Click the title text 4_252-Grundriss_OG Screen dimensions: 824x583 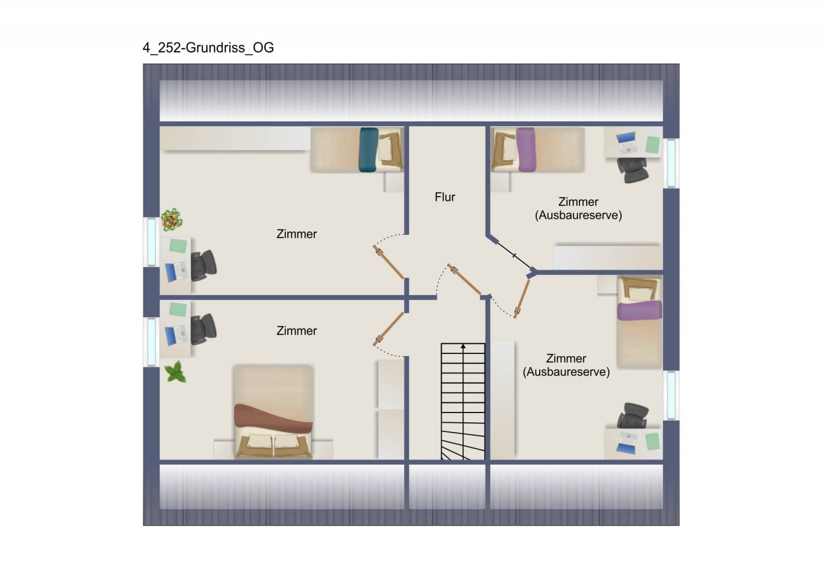(x=208, y=48)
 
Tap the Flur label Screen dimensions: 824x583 (x=445, y=197)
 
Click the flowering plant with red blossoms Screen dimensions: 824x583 (x=171, y=219)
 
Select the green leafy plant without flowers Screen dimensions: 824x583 (x=176, y=371)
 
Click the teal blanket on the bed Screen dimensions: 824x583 (x=369, y=150)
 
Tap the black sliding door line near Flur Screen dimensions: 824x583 (x=514, y=255)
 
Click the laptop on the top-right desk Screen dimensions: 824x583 (x=626, y=143)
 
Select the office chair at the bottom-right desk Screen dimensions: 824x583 (x=632, y=416)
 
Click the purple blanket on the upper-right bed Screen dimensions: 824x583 (x=526, y=150)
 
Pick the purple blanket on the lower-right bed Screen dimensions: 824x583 (x=639, y=311)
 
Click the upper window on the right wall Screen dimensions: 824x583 (x=672, y=163)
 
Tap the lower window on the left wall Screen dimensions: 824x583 (x=151, y=342)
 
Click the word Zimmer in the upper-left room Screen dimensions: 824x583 (x=297, y=234)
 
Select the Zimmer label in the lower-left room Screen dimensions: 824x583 (x=297, y=331)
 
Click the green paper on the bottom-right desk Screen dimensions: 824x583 (x=652, y=441)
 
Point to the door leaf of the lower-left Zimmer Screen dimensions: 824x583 (x=388, y=329)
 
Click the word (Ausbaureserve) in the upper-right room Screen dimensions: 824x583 (x=578, y=215)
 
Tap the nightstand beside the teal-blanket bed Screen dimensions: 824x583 (x=394, y=182)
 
